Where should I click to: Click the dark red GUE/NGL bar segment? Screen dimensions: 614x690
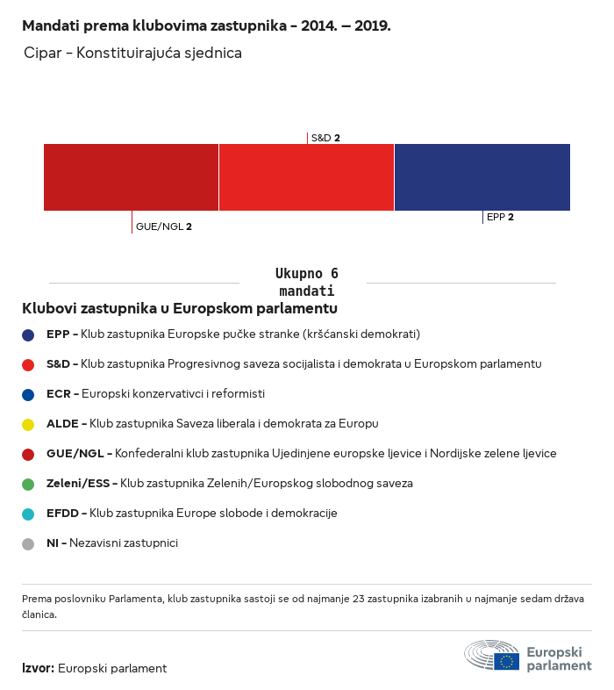pyautogui.click(x=131, y=177)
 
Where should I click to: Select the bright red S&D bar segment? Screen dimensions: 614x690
pyautogui.click(x=306, y=177)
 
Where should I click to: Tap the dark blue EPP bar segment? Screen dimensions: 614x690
pyautogui.click(x=482, y=177)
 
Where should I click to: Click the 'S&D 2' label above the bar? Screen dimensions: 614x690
pyautogui.click(x=325, y=138)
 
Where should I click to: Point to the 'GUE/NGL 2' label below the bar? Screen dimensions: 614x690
pyautogui.click(x=164, y=226)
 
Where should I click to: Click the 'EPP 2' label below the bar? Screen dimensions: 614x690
pyautogui.click(x=500, y=217)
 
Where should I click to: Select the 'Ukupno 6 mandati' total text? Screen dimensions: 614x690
pyautogui.click(x=307, y=282)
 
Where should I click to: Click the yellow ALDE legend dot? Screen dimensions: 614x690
pyautogui.click(x=28, y=425)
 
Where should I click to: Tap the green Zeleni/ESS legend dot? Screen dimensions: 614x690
pyautogui.click(x=28, y=485)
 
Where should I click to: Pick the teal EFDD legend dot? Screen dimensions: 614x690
pyautogui.click(x=28, y=514)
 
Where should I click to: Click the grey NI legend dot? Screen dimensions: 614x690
pyautogui.click(x=28, y=544)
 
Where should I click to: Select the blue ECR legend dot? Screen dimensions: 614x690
pyautogui.click(x=28, y=395)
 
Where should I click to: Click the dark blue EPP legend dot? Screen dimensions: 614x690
pyautogui.click(x=28, y=335)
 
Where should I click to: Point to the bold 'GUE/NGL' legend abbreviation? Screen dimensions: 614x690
pyautogui.click(x=75, y=453)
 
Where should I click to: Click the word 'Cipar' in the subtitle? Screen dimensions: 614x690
pyautogui.click(x=43, y=53)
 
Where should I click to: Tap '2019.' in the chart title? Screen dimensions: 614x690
pyautogui.click(x=373, y=26)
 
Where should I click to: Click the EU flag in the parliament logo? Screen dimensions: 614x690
pyautogui.click(x=507, y=661)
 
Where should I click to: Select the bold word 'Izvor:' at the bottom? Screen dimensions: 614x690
pyautogui.click(x=39, y=668)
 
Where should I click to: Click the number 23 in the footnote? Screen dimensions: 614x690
pyautogui.click(x=359, y=599)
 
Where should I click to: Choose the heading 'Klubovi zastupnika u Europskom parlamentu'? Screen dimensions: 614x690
pyautogui.click(x=180, y=308)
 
